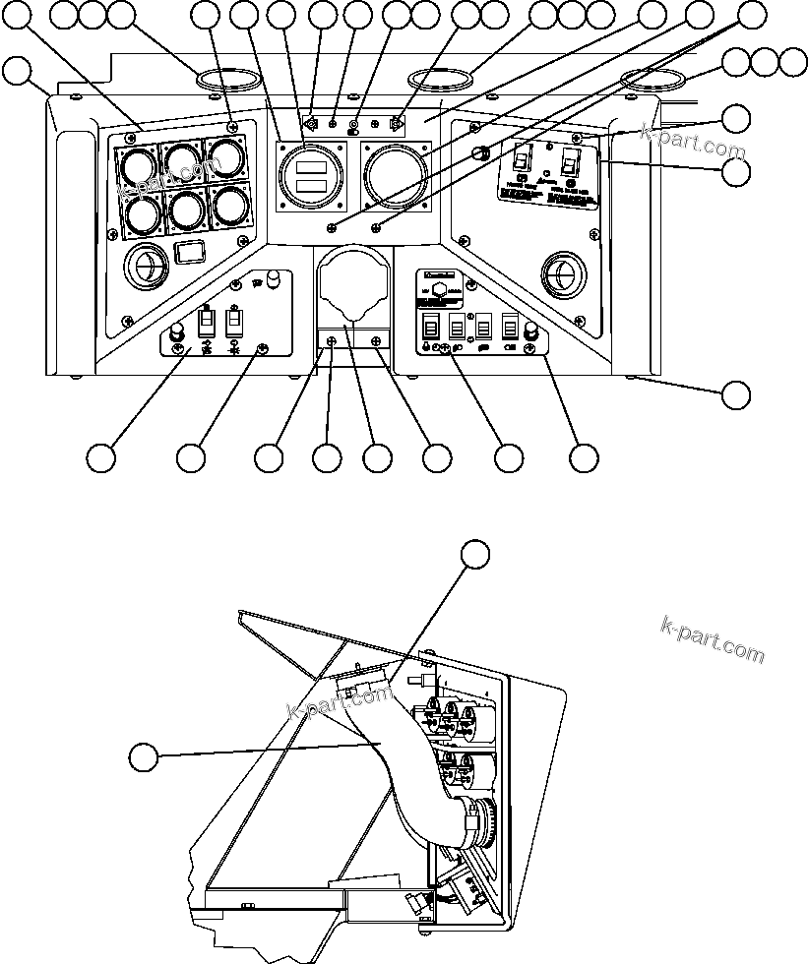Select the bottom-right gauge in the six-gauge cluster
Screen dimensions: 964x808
(x=230, y=205)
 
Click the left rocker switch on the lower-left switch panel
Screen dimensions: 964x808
(x=208, y=323)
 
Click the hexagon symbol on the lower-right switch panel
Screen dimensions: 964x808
(x=433, y=292)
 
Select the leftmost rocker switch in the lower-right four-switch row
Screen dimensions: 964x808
(x=431, y=327)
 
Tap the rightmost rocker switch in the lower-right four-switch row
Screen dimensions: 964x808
(x=509, y=326)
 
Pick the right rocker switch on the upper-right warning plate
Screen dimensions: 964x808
(x=570, y=160)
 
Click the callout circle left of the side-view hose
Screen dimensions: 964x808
(x=145, y=757)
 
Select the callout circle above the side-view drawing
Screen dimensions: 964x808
(x=476, y=554)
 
